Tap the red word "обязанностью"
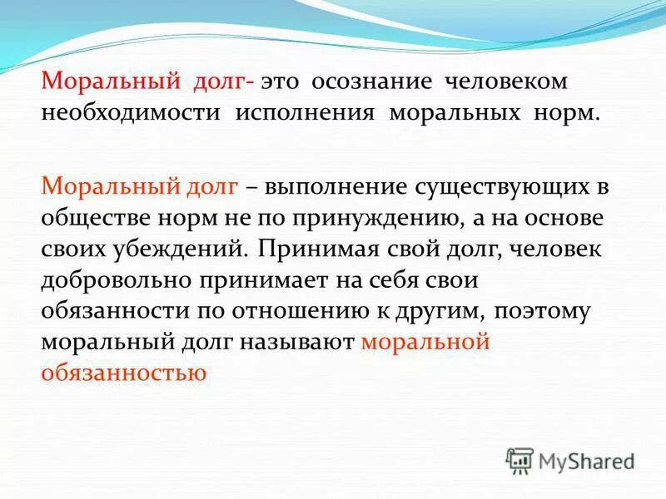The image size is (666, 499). [x=122, y=373]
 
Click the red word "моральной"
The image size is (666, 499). [x=425, y=342]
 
